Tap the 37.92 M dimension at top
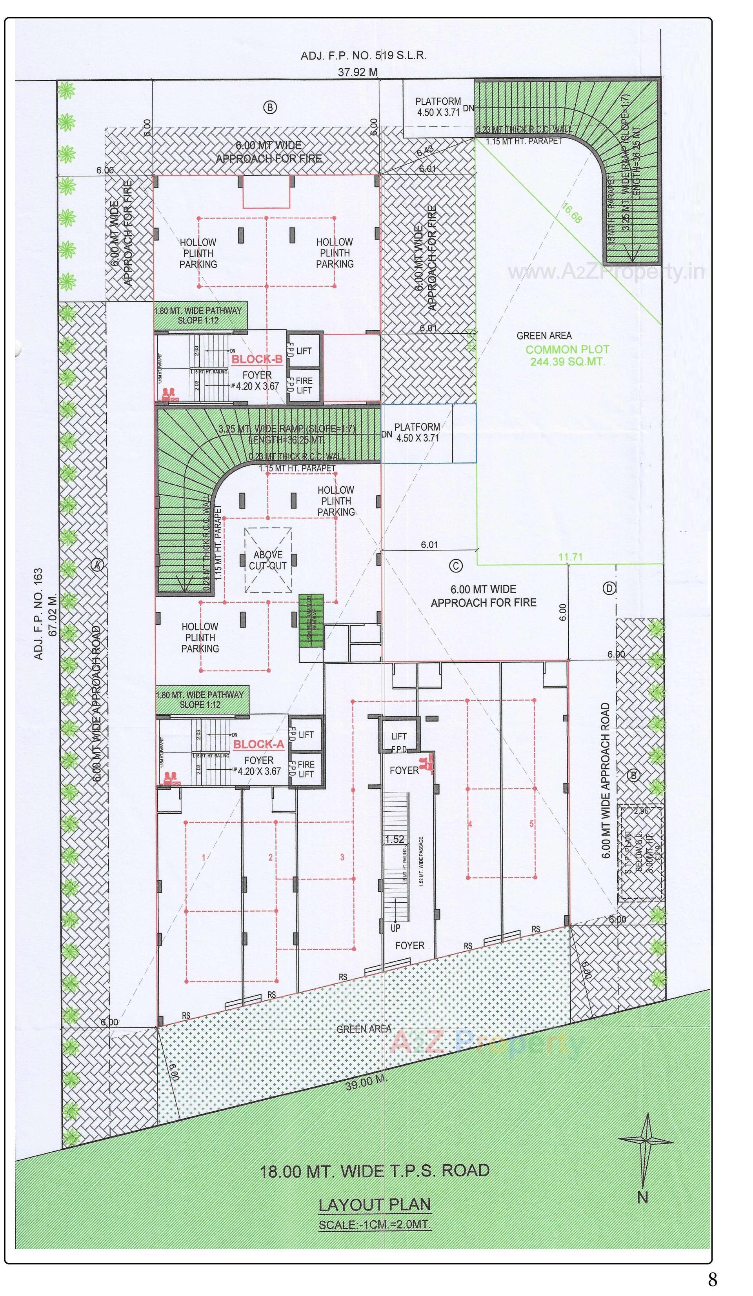[x=357, y=72]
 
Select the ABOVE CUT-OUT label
[x=267, y=560]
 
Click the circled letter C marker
[x=456, y=566]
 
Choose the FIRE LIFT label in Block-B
[x=304, y=385]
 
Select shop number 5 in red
[x=531, y=824]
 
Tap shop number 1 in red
[x=204, y=857]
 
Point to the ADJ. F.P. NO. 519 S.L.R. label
[x=363, y=55]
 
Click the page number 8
[x=712, y=1280]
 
